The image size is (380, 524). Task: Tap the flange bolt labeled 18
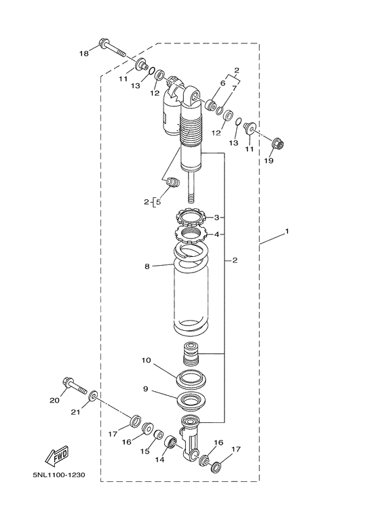point(113,49)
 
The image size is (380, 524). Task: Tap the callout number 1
point(287,232)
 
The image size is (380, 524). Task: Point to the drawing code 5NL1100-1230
point(58,475)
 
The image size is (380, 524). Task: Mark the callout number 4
point(216,235)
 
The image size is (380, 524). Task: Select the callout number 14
point(161,460)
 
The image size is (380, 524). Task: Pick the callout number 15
point(144,451)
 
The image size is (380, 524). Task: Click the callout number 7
point(235,87)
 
